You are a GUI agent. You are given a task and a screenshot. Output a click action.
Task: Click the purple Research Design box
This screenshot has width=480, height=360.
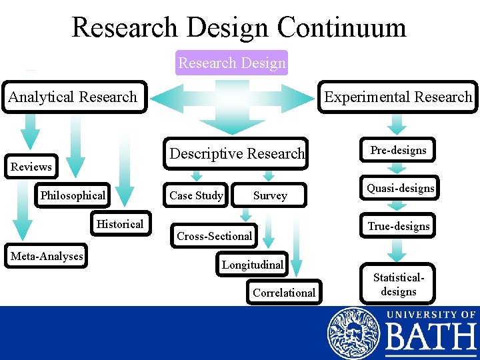(x=232, y=63)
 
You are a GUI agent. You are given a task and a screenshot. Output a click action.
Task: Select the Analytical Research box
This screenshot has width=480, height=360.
(x=73, y=97)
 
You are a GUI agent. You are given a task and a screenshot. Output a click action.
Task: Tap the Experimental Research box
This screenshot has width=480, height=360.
(x=398, y=97)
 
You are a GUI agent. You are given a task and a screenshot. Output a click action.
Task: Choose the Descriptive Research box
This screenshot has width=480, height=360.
(x=237, y=153)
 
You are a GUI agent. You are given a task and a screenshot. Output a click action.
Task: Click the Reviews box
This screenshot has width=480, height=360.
(x=31, y=167)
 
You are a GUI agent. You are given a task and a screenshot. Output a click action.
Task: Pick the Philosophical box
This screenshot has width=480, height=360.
(x=73, y=195)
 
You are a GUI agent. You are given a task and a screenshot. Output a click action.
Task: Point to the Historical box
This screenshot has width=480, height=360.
(x=120, y=224)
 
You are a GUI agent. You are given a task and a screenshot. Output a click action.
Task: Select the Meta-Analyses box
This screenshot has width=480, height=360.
(x=47, y=256)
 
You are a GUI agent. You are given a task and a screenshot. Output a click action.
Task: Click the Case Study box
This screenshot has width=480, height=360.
(x=196, y=195)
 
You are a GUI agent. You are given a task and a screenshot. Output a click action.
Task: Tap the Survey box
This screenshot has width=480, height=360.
(x=270, y=195)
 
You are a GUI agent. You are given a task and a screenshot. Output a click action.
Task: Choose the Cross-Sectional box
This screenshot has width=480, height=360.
(x=214, y=235)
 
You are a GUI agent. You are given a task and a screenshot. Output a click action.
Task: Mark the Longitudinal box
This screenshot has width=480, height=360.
(x=253, y=265)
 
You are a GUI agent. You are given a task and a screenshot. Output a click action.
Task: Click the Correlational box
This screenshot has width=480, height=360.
(x=284, y=293)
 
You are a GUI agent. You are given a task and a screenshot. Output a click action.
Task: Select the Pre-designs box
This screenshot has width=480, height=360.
(x=398, y=151)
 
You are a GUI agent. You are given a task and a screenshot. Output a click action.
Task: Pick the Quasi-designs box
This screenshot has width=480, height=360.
(x=400, y=189)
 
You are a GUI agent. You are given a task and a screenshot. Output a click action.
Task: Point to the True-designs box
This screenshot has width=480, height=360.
(x=399, y=226)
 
